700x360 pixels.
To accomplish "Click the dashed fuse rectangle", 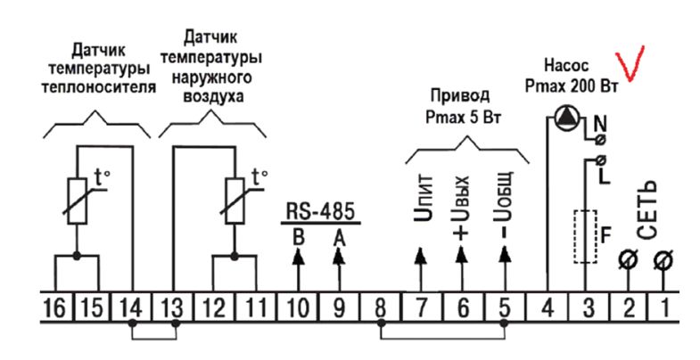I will [586, 236].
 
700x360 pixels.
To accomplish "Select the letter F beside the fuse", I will [606, 236].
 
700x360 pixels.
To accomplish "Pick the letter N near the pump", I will [600, 121].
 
